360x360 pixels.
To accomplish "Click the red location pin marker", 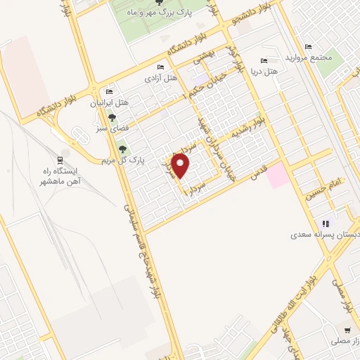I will pos(182,167).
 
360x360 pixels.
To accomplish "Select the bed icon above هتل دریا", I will pos(264,61).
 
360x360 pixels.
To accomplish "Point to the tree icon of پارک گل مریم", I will pos(123,148).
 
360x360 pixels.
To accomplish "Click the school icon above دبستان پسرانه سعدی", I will pos(324,222).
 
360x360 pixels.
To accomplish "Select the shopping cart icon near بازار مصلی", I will pos(347,330).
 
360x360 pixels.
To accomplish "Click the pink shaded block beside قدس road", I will pos(278,174).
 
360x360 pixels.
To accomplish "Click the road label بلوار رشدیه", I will pos(251,131).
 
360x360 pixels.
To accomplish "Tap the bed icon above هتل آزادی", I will pos(161,67).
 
